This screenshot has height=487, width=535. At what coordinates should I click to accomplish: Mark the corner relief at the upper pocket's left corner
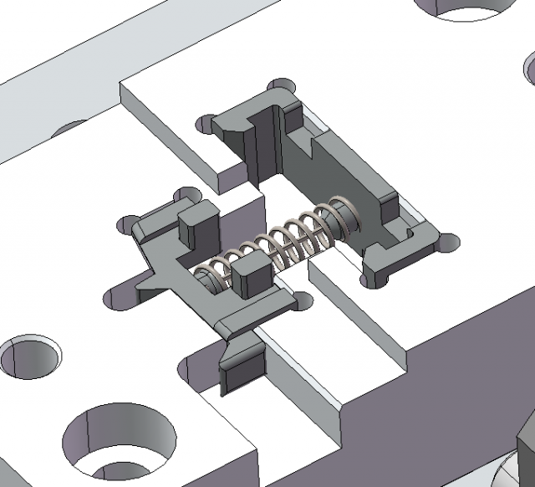(205, 124)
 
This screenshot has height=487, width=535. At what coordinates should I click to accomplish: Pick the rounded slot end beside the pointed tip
(112, 298)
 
